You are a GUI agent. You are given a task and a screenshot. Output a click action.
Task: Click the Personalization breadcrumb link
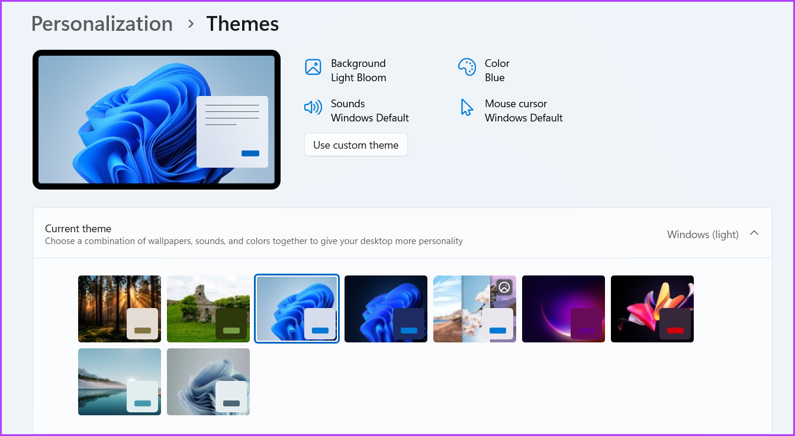point(102,24)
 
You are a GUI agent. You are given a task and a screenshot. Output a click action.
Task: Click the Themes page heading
point(242,24)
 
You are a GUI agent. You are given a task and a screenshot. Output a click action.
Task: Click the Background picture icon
point(313,67)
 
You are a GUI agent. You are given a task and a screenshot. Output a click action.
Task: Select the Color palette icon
point(467,67)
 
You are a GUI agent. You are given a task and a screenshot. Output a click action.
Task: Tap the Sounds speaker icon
point(313,107)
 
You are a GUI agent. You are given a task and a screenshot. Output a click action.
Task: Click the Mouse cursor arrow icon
point(467,107)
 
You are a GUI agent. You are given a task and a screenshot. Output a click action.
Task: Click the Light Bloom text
point(358,78)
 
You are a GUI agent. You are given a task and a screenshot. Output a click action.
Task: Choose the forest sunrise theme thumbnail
point(120,309)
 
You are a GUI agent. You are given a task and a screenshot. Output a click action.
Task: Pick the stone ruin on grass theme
point(208,309)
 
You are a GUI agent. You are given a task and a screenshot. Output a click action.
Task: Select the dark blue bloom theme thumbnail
point(386,309)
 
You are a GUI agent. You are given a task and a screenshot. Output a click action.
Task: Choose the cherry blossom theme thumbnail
point(475,309)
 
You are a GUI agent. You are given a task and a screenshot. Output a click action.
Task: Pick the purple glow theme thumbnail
point(564,309)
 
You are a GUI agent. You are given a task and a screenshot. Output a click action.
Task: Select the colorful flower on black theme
point(652,309)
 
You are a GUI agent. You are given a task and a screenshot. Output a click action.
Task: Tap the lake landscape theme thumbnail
point(120,381)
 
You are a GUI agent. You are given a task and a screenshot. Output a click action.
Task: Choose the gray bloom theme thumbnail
point(208,381)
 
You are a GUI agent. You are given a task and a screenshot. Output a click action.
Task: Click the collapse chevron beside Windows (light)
point(754,233)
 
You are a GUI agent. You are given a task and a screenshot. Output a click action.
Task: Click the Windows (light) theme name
point(703,235)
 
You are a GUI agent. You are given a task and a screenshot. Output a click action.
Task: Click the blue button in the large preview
point(250,153)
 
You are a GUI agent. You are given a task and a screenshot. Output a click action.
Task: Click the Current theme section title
point(78,229)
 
